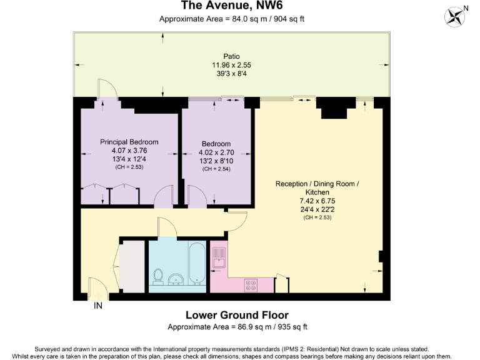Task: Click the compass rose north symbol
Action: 456,16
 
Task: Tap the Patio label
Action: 231,56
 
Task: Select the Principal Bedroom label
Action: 129,142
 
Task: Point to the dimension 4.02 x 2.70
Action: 216,152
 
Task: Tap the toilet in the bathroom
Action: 158,276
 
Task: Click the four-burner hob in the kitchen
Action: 252,284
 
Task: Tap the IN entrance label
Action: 98,306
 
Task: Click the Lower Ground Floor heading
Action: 237,315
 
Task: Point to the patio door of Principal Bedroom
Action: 107,89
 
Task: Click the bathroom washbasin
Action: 176,279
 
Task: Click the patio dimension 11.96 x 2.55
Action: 231,65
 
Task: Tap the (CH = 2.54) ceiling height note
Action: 216,169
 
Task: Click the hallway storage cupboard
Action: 132,266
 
